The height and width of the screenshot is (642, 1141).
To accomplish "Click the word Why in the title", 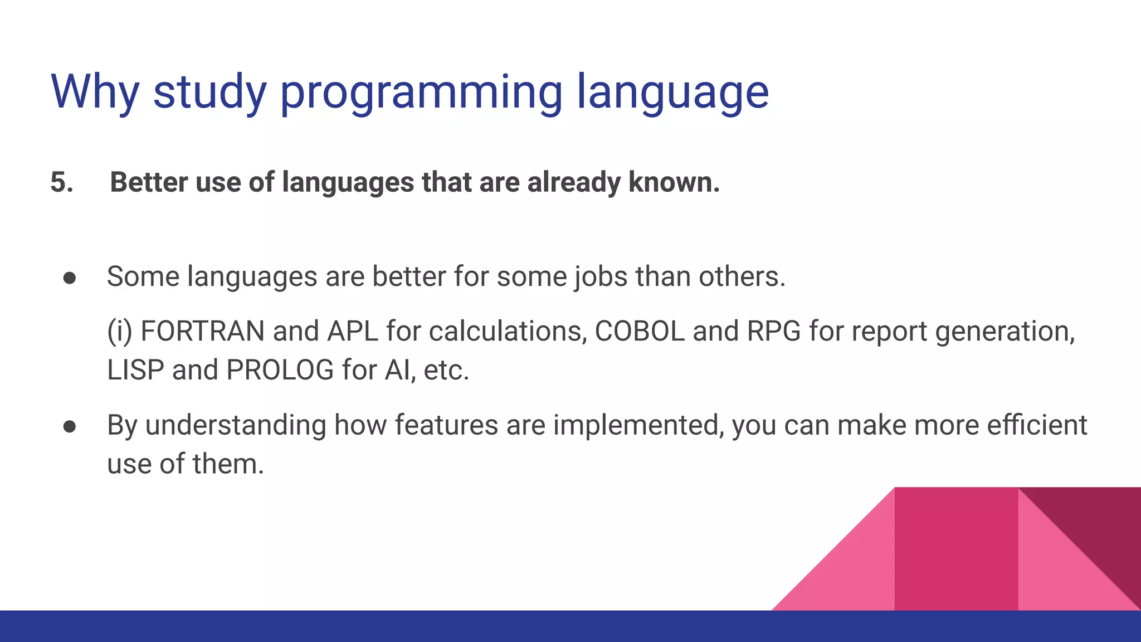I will pyautogui.click(x=95, y=92).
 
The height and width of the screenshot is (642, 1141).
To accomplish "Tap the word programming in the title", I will pyautogui.click(x=421, y=94).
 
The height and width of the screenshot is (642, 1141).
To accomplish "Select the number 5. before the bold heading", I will pyautogui.click(x=62, y=183).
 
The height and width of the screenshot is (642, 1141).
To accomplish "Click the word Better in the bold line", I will pyautogui.click(x=149, y=183).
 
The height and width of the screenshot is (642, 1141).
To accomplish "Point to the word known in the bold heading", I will pyautogui.click(x=674, y=183).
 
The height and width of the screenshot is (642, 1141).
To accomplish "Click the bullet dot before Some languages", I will pyautogui.click(x=70, y=278).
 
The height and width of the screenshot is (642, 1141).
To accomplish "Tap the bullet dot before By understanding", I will pyautogui.click(x=70, y=426).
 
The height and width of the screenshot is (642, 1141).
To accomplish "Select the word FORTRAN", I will pyautogui.click(x=202, y=332).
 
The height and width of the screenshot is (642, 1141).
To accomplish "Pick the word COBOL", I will pyautogui.click(x=640, y=332).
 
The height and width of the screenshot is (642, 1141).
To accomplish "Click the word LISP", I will pyautogui.click(x=135, y=371).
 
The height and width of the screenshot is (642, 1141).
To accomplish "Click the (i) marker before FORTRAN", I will pyautogui.click(x=119, y=332).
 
